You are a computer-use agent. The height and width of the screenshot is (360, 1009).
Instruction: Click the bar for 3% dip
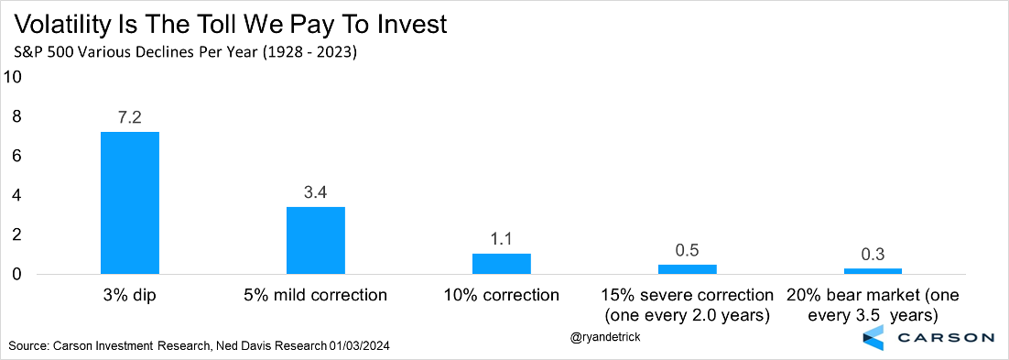point(130,202)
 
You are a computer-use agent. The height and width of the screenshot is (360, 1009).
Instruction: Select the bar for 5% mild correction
point(316,241)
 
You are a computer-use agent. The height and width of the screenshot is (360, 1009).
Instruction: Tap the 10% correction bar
point(502,264)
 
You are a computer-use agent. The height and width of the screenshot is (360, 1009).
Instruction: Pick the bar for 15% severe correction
point(688,270)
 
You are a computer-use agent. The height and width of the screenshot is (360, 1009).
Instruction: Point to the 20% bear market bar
point(873,272)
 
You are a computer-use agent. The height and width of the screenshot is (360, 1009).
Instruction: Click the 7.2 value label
point(130,117)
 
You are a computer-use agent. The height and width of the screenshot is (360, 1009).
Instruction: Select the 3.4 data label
point(316,192)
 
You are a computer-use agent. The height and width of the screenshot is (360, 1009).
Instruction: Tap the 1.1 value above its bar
point(502,239)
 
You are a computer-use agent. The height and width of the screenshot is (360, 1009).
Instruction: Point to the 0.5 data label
point(688,250)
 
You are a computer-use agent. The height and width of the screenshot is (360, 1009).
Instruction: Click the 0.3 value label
point(873,254)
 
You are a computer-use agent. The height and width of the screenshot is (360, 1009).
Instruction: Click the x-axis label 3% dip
point(130,296)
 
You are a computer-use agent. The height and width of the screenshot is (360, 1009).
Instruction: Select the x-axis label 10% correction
point(502,296)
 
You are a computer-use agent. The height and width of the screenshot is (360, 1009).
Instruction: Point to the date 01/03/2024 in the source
point(358,346)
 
